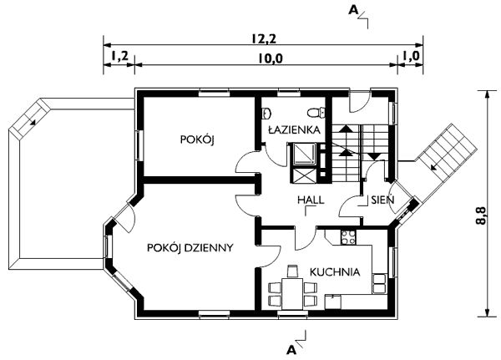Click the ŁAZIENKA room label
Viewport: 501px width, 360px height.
pos(291,131)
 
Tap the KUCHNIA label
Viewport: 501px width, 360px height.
pos(334,271)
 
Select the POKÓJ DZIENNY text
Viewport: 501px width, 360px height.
pos(189,247)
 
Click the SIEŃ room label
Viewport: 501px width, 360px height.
pos(372,201)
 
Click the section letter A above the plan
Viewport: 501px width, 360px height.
pos(354,10)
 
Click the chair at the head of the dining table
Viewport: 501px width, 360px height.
pos(292,271)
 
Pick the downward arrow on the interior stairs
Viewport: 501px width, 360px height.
pos(373,155)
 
